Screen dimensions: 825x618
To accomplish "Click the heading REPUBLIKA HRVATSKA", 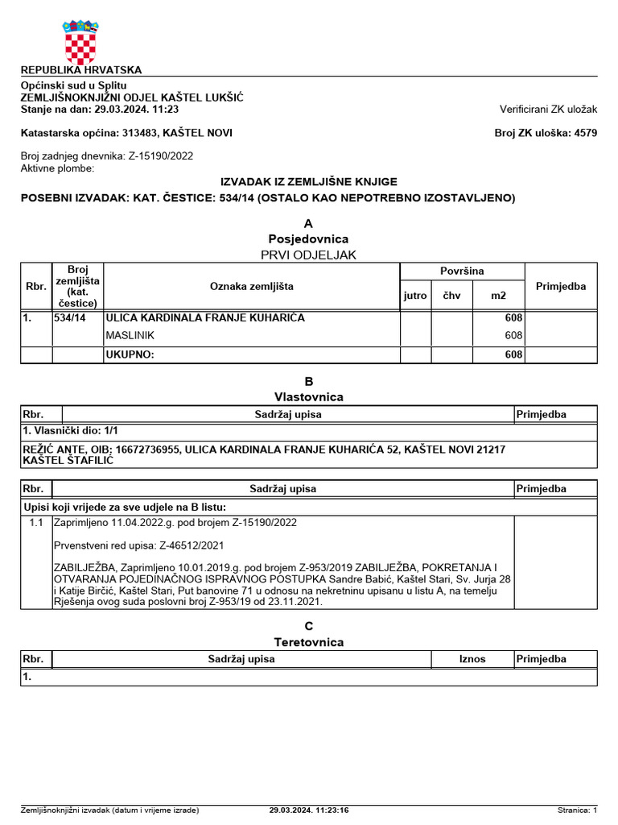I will (80, 70).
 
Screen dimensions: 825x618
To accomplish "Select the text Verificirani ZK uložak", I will (548, 110).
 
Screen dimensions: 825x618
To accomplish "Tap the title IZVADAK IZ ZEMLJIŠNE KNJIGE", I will (308, 182).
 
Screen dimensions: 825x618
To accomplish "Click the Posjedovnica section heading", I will (308, 239).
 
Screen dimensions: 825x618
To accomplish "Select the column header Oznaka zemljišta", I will (252, 287).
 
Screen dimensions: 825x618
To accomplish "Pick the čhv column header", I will (451, 296).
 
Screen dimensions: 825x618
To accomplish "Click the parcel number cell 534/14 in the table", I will (70, 318).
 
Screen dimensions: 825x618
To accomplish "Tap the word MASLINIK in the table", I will (130, 335).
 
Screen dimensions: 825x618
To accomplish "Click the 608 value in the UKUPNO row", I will (513, 354).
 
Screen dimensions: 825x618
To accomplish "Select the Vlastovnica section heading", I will (308, 397).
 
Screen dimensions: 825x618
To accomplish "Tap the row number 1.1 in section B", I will (35, 523).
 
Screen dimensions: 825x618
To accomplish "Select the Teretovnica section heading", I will (308, 642).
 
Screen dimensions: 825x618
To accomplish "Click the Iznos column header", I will (472, 659).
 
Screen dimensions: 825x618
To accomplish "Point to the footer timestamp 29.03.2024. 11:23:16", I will (309, 810).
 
